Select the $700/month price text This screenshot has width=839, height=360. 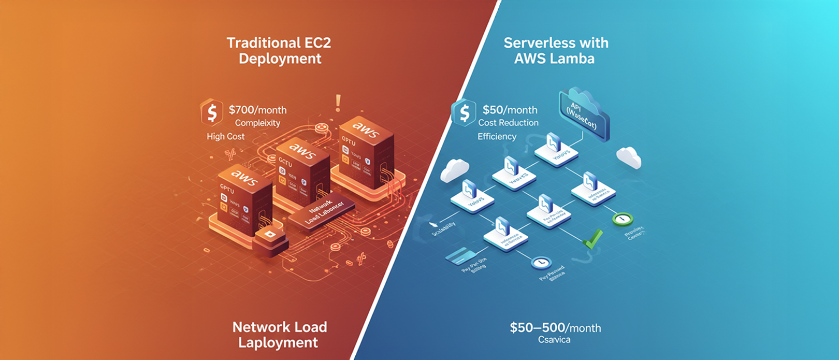(257, 110)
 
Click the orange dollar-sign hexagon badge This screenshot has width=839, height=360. (212, 112)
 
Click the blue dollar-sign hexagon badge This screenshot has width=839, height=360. (464, 112)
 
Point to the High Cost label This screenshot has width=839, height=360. (226, 136)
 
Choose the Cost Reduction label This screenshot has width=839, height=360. (508, 123)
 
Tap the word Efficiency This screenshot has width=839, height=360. (497, 136)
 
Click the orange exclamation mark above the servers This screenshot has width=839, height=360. (338, 103)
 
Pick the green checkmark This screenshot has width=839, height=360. (592, 238)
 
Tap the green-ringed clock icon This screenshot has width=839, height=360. (622, 219)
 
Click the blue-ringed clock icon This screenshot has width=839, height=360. (541, 263)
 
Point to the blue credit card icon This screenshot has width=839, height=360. (458, 255)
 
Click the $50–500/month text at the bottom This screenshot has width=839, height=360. (555, 328)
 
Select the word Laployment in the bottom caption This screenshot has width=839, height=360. (278, 343)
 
